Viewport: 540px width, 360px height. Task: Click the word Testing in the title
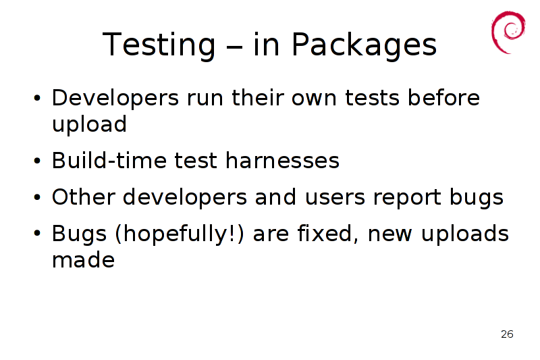point(159,45)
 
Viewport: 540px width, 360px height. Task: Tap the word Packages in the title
point(364,45)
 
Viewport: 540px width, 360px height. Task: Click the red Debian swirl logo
point(508,32)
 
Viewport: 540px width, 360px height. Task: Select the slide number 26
point(507,334)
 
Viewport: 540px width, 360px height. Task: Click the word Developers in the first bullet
point(115,99)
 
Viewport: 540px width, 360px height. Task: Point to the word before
point(443,97)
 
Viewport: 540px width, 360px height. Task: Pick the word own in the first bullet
point(314,99)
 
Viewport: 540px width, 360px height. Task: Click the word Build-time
point(109,161)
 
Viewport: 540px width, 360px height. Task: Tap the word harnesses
point(282,161)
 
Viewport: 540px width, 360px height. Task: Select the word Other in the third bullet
point(83,197)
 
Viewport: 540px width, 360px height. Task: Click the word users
point(335,198)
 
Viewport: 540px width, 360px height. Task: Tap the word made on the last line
point(83,260)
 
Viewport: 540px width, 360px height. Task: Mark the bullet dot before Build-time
point(37,161)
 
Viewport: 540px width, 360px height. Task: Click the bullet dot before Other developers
point(37,198)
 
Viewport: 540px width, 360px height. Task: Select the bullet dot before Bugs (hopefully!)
point(37,234)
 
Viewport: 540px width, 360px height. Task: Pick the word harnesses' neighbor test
point(196,161)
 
